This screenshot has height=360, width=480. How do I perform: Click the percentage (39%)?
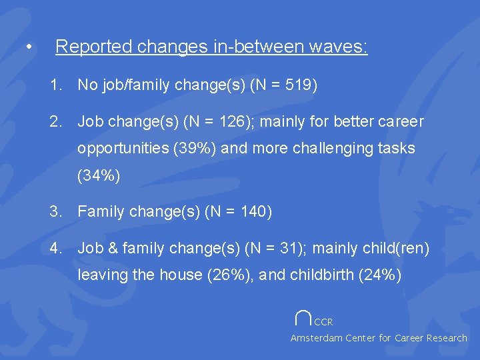coord(194,148)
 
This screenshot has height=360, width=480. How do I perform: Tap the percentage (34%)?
coord(99,176)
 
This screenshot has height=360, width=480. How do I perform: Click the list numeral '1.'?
coord(55,85)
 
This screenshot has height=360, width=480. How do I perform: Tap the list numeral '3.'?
coord(55,213)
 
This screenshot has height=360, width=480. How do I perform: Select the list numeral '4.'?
coord(55,249)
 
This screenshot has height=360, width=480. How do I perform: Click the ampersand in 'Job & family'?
coord(108,249)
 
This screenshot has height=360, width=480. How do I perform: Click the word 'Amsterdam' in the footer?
coord(315,338)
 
